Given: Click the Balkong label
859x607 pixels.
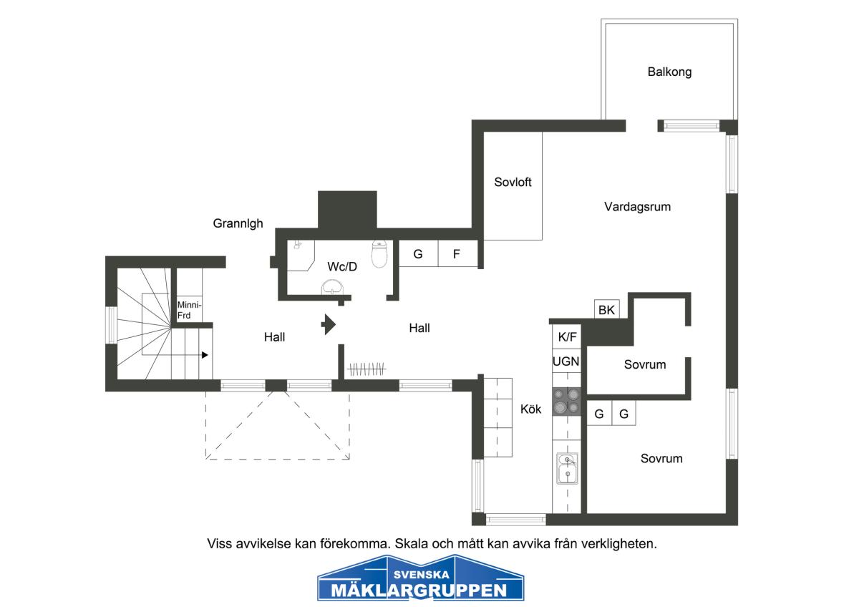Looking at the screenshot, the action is point(669,72).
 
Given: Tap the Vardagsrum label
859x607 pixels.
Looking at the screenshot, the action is point(637,207).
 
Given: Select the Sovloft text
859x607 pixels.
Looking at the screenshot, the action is point(513,182).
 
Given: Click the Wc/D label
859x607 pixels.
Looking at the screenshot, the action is point(342,266).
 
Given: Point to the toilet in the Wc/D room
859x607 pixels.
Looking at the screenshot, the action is point(379,254).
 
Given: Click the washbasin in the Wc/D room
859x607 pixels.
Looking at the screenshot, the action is point(332,287).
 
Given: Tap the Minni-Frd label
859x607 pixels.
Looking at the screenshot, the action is point(189,310).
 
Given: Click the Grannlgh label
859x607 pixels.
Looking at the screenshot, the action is point(238,223).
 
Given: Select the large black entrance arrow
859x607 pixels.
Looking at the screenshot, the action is point(329,324).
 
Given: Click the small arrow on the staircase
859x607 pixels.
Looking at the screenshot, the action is point(205,355).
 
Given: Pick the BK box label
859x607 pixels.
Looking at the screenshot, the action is point(606,310).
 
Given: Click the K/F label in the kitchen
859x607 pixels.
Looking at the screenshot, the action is point(567,336).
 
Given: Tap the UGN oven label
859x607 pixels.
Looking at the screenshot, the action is point(566,361).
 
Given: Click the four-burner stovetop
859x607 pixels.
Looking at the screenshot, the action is point(566,401).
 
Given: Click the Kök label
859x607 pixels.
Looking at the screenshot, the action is point(530,409).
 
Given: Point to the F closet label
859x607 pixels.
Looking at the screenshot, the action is point(457,254).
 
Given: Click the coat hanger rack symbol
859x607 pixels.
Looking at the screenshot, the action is point(367,369).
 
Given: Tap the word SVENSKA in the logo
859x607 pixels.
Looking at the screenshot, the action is point(422,574).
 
